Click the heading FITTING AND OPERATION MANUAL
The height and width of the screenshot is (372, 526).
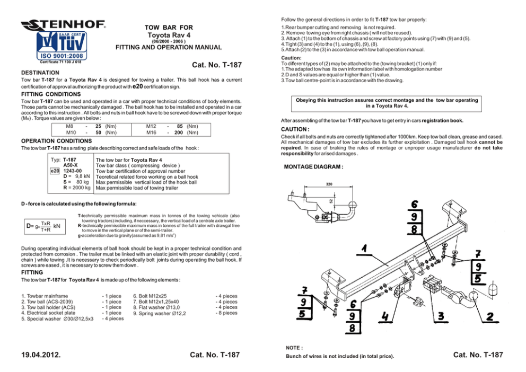click(x=169, y=48)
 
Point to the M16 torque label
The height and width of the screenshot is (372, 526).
click(x=150, y=133)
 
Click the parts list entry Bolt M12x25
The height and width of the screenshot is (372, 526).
click(x=150, y=296)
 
